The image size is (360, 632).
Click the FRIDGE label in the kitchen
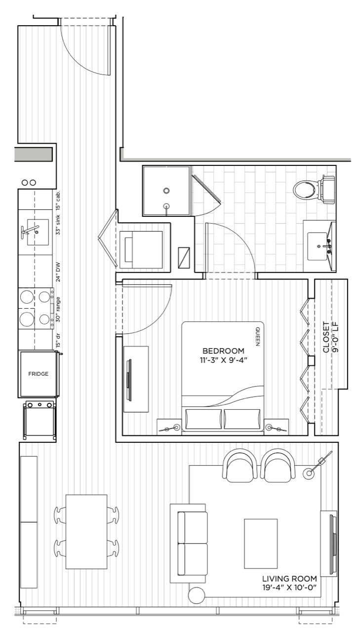pyautogui.click(x=39, y=374)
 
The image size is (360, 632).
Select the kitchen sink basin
pyautogui.click(x=38, y=232)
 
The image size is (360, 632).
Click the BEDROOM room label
pyautogui.click(x=223, y=351)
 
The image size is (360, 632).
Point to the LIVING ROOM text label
pyautogui.click(x=290, y=579)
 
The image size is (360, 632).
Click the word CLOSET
pyautogui.click(x=326, y=337)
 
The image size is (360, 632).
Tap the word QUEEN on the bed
pyautogui.click(x=257, y=337)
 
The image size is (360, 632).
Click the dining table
pyautogui.click(x=86, y=532)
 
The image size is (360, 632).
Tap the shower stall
pyautogui.click(x=166, y=191)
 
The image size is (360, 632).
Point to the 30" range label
pyautogui.click(x=58, y=310)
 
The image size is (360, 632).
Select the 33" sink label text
pyautogui.click(x=58, y=225)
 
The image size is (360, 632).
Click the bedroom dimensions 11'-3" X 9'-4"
pyautogui.click(x=223, y=360)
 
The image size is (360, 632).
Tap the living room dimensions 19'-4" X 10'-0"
pyautogui.click(x=290, y=588)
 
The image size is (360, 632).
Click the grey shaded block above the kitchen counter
pyautogui.click(x=34, y=155)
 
